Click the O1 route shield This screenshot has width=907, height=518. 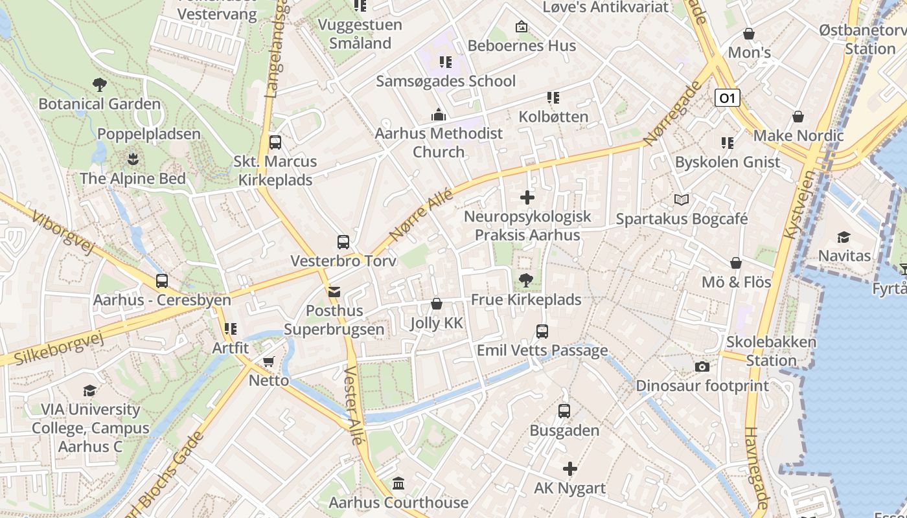tap(728, 98)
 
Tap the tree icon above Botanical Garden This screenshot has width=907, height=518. tap(99, 84)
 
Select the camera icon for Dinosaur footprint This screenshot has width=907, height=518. tap(702, 366)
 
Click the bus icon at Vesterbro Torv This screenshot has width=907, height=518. tap(343, 242)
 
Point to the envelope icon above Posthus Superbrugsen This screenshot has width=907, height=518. tap(334, 292)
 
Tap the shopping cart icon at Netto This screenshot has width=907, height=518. tap(268, 361)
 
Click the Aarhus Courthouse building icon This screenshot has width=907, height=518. tap(398, 484)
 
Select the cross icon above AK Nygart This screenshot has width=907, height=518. tap(569, 469)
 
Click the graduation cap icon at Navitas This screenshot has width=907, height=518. tap(844, 237)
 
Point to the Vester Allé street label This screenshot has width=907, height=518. tap(354, 405)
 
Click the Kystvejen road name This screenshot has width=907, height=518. tap(800, 205)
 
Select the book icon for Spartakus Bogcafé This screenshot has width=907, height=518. tap(681, 199)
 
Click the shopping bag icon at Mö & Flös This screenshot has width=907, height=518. tap(736, 263)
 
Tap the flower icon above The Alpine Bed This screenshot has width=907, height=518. tap(133, 159)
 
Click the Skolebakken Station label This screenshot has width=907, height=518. tap(771, 351)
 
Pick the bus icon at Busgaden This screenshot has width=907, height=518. tap(564, 411)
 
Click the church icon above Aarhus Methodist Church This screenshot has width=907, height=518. tap(439, 115)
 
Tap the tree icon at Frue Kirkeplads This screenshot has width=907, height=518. tap(525, 280)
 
